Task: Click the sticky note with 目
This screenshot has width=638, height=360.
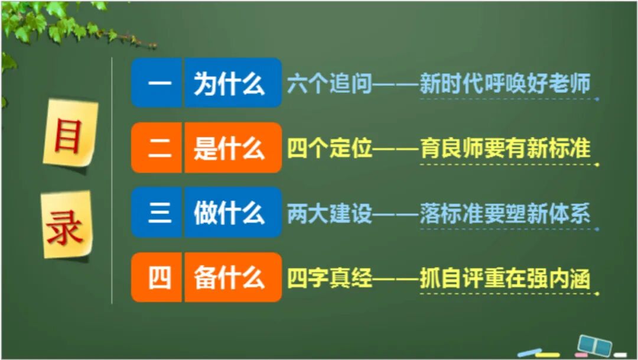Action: [x=69, y=134]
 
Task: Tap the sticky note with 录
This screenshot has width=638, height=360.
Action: [x=66, y=225]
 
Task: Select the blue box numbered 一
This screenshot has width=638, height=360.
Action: [x=157, y=83]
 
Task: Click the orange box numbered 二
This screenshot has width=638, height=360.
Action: [x=157, y=148]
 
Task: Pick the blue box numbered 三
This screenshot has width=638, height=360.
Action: [x=157, y=213]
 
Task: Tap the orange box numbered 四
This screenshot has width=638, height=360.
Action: [x=157, y=277]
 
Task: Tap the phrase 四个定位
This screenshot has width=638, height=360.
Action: [x=330, y=149]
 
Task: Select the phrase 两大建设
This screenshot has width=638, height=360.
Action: [x=330, y=213]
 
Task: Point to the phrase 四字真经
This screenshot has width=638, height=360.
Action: [x=330, y=278]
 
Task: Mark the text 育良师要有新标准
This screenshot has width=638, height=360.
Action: [x=505, y=149]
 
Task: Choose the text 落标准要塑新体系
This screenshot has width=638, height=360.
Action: [x=505, y=213]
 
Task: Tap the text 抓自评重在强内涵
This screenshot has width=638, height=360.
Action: [x=505, y=278]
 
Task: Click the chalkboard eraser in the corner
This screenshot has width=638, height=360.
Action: [x=594, y=344]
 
